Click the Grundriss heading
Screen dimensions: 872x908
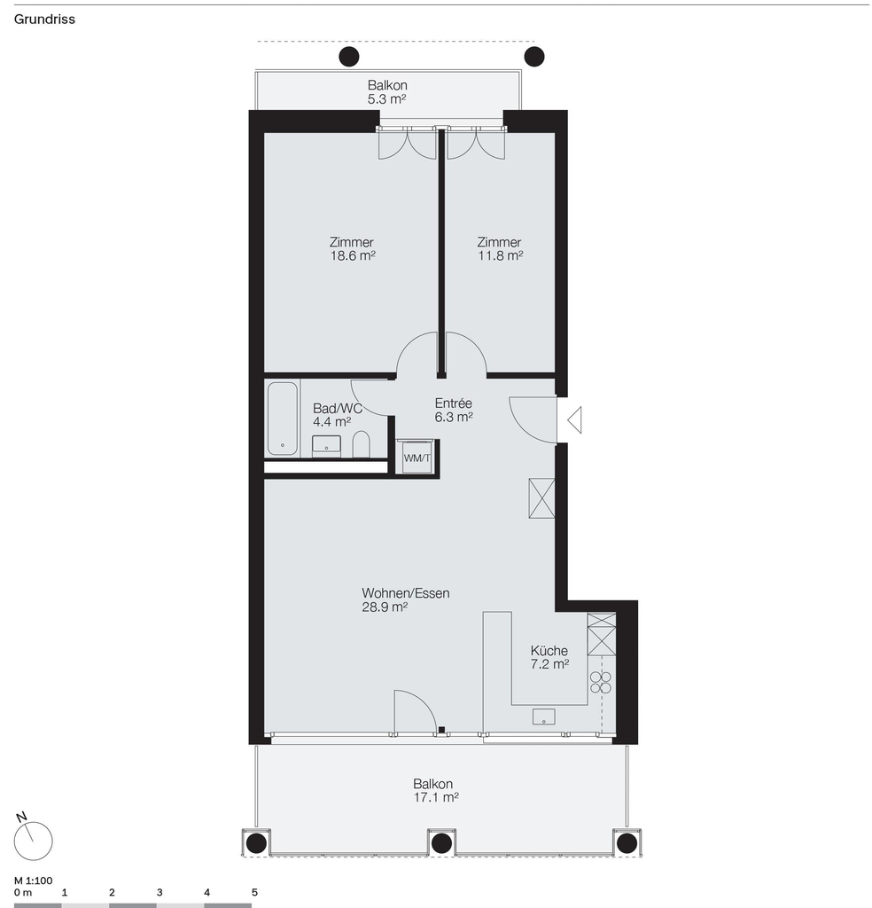click(44, 20)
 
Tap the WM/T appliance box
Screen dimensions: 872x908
click(417, 458)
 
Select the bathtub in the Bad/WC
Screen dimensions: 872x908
click(283, 419)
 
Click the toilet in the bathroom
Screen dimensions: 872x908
click(362, 444)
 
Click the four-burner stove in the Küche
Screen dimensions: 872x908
click(601, 682)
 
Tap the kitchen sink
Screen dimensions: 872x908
click(544, 716)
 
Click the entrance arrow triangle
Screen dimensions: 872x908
click(574, 419)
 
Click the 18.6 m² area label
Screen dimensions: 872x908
click(353, 255)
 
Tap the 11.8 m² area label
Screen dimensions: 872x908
click(501, 255)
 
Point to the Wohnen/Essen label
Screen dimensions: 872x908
click(406, 593)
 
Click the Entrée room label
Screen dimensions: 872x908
click(454, 403)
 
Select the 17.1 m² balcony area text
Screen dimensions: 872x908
click(436, 797)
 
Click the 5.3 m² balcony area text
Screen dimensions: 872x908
click(386, 99)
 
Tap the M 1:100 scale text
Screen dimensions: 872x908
click(34, 881)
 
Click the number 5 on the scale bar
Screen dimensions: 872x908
click(254, 892)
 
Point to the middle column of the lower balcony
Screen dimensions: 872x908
click(441, 843)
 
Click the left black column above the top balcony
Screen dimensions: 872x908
click(349, 57)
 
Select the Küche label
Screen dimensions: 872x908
click(549, 650)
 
